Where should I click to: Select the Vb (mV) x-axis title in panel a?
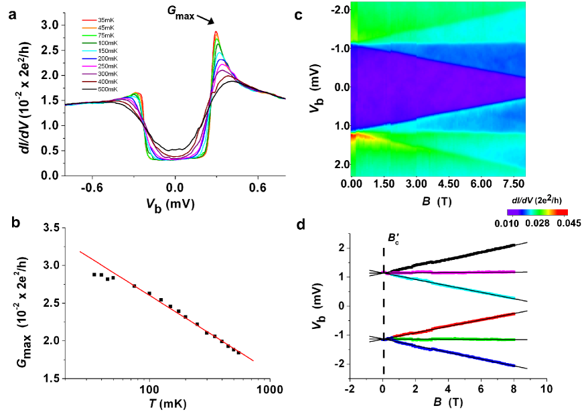pos(175,203)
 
